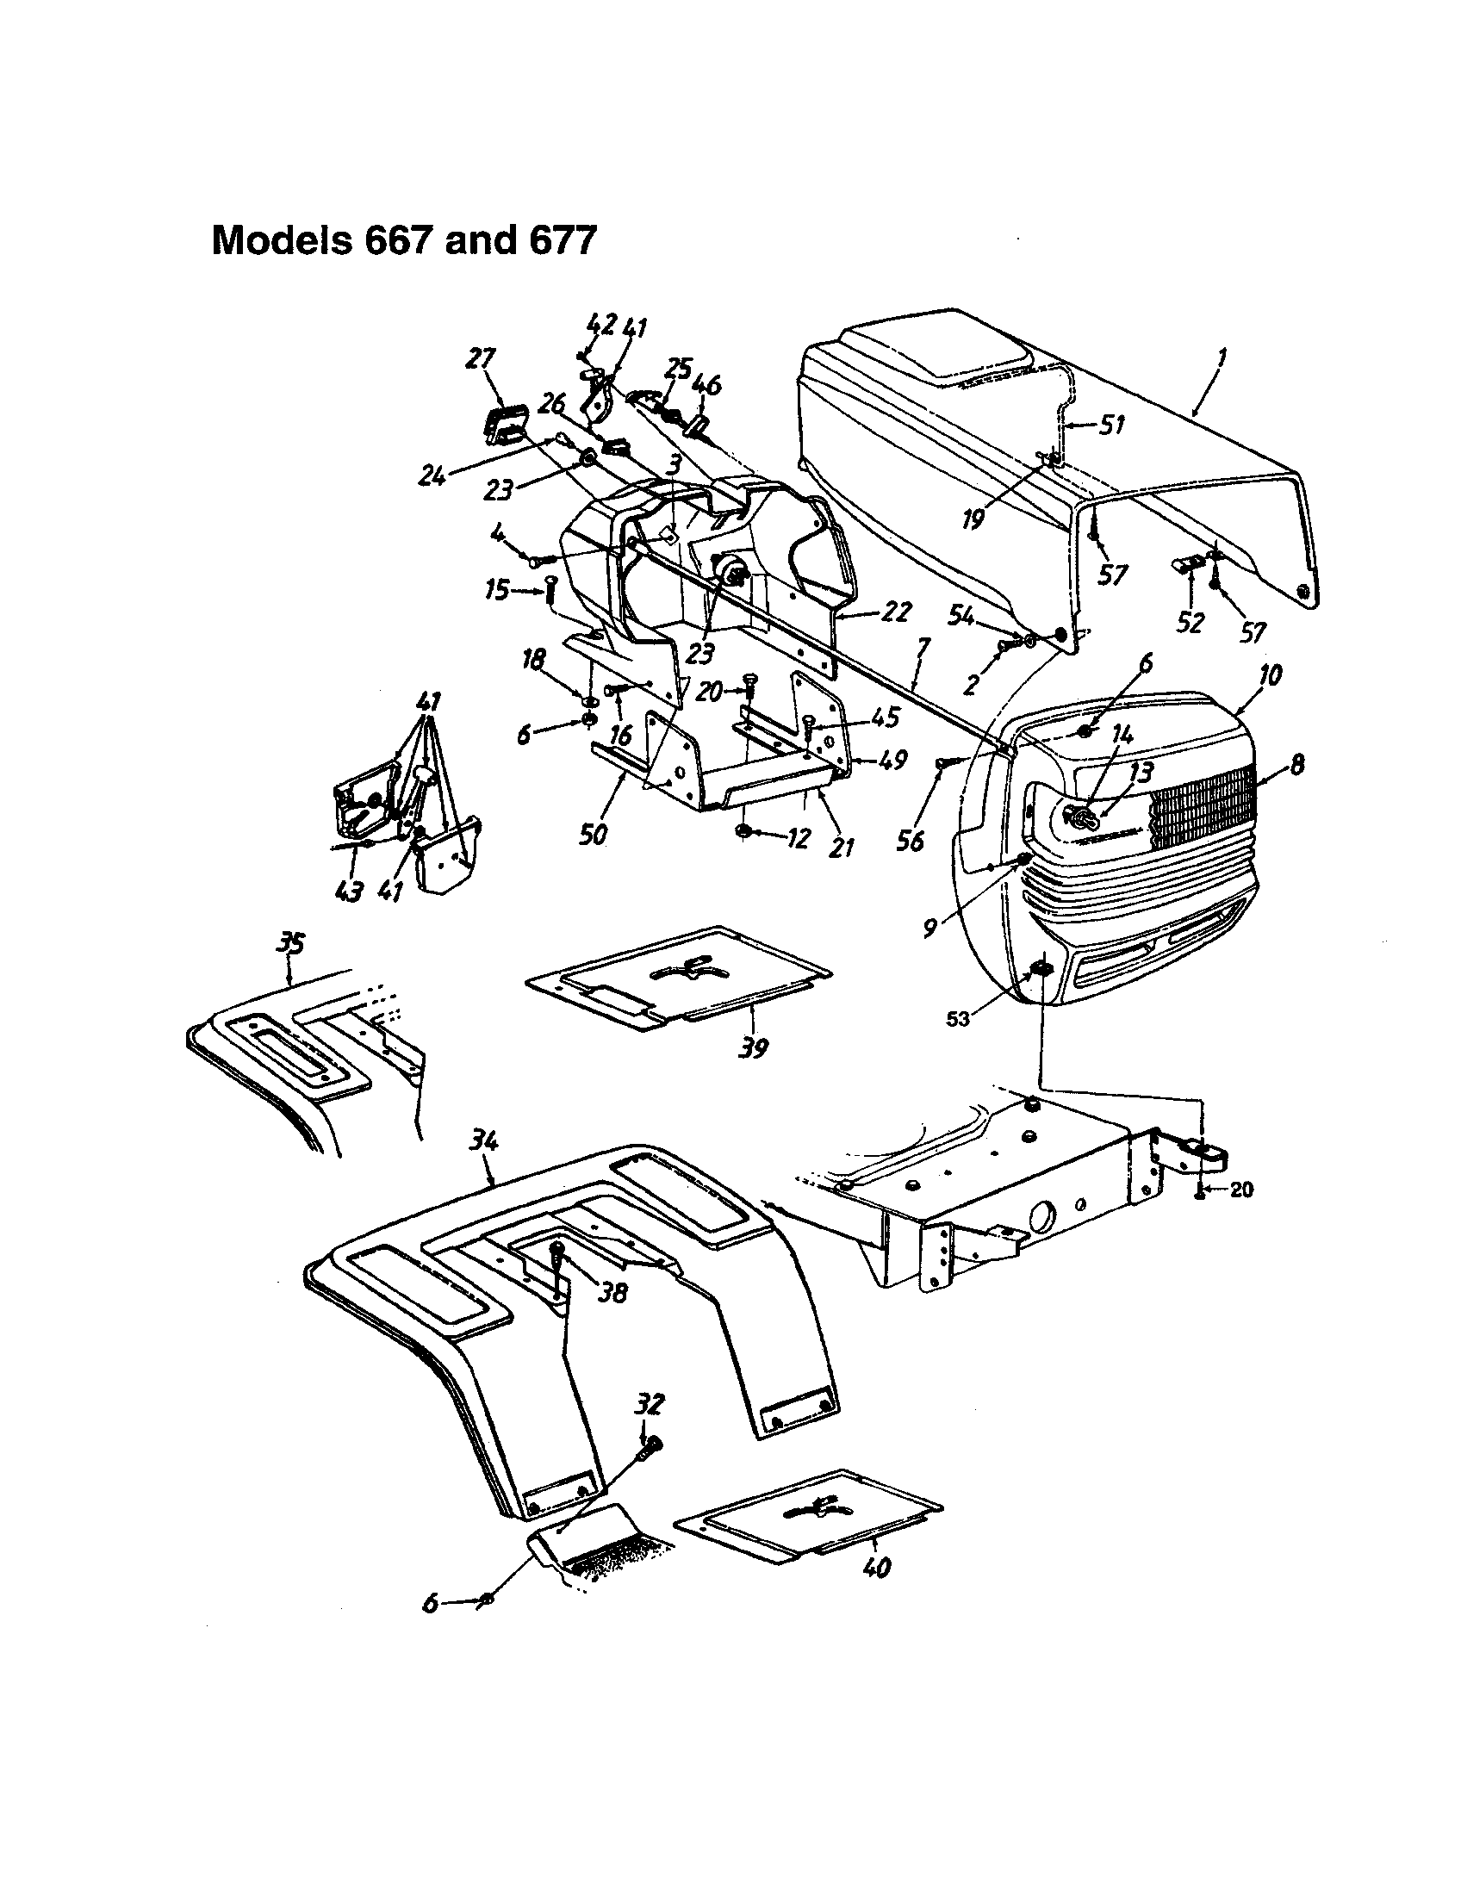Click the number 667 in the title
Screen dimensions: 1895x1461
coord(400,240)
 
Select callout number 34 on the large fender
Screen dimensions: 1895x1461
coord(483,1144)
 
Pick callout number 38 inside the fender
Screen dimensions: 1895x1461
coord(613,1318)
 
